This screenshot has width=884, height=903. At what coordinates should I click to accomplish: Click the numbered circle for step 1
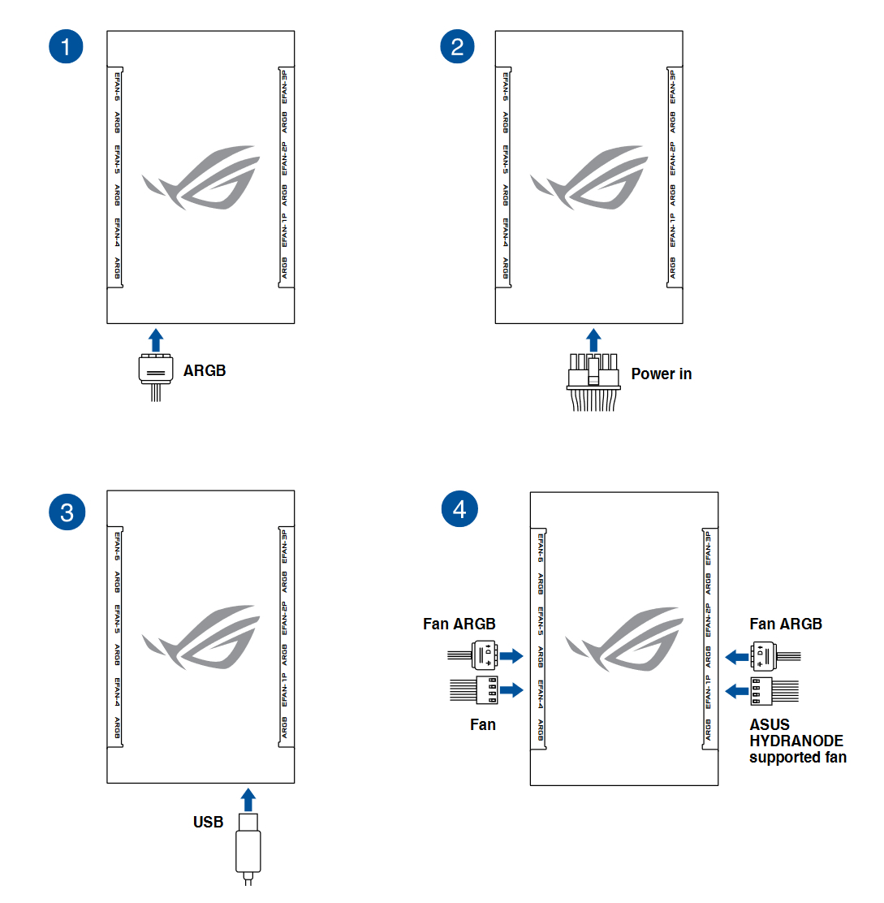pyautogui.click(x=66, y=47)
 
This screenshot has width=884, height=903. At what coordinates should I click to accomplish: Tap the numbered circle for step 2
pyautogui.click(x=457, y=47)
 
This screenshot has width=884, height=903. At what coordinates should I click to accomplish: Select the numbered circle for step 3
pyautogui.click(x=66, y=512)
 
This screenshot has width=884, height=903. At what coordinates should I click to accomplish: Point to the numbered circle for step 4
pyautogui.click(x=459, y=509)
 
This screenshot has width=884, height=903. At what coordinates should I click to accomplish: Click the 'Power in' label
pyautogui.click(x=661, y=374)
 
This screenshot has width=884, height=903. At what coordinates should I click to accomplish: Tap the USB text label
pyautogui.click(x=208, y=823)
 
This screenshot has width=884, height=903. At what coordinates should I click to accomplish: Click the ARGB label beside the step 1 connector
pyautogui.click(x=205, y=371)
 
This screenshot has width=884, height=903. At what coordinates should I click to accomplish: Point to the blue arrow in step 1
pyautogui.click(x=156, y=339)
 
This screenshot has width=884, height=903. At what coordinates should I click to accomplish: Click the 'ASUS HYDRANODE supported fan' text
pyautogui.click(x=796, y=741)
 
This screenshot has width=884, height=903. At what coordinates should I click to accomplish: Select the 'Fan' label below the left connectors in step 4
pyautogui.click(x=482, y=724)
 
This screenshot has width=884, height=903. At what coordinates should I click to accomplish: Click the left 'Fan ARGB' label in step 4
pyautogui.click(x=459, y=624)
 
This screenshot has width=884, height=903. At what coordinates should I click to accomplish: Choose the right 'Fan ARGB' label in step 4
pyautogui.click(x=785, y=624)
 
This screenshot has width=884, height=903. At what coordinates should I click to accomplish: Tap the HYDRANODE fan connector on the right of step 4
pyautogui.click(x=761, y=690)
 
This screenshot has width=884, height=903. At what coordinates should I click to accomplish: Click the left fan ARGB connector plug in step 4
pyautogui.click(x=483, y=655)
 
